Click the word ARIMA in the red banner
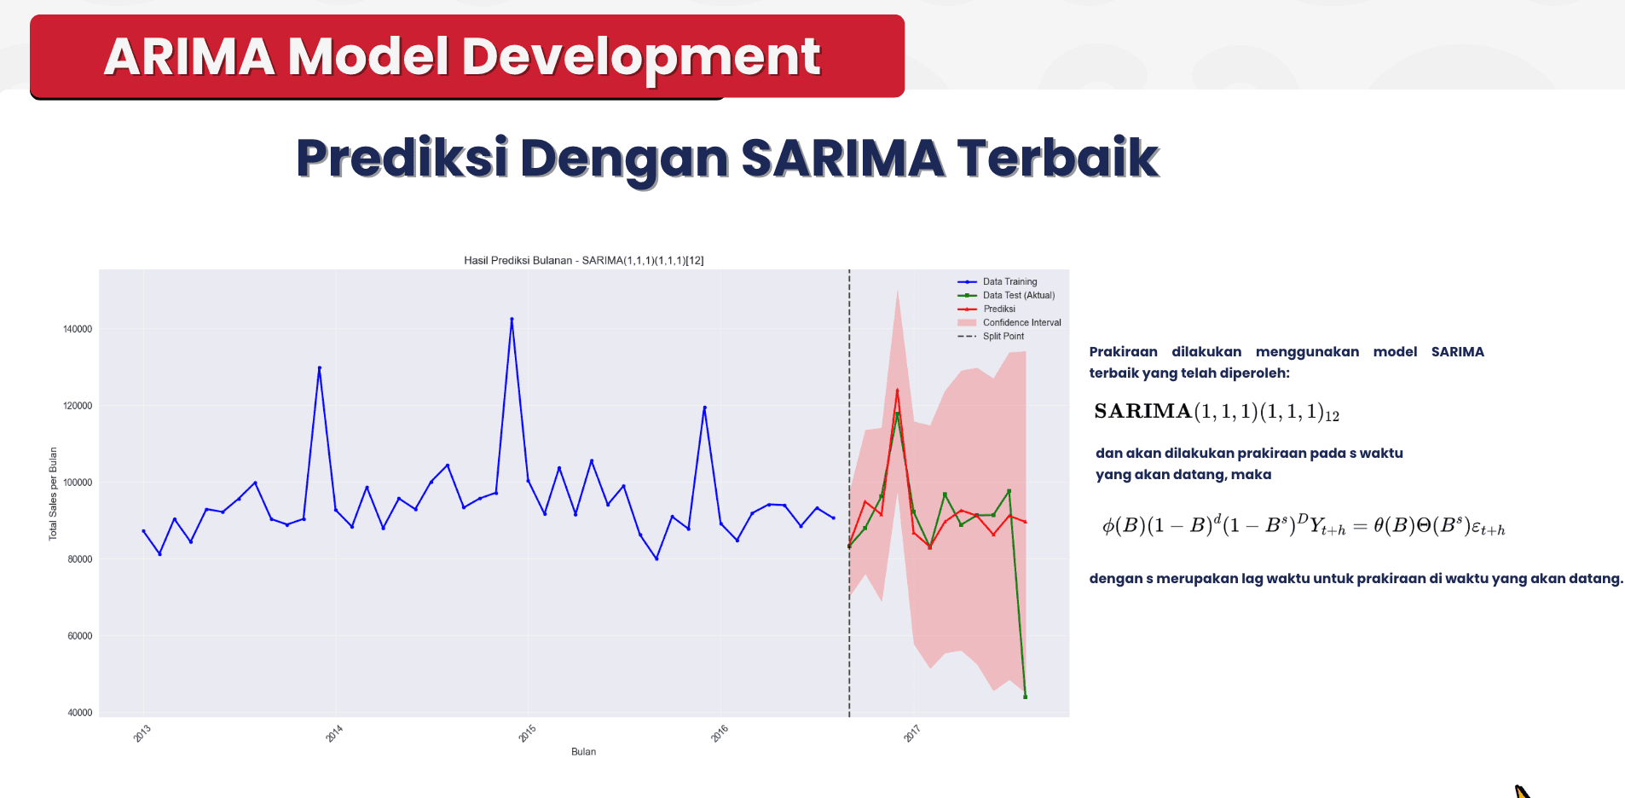[x=189, y=57]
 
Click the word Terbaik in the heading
[x=1057, y=159]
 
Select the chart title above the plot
[x=583, y=260]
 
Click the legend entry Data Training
[x=1009, y=281]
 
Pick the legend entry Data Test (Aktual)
[x=1018, y=295]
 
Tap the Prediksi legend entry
[x=998, y=309]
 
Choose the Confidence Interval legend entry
[x=1021, y=322]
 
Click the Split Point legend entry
[x=1003, y=336]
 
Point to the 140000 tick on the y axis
[x=78, y=329]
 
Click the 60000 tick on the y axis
[x=80, y=636]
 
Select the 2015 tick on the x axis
[x=528, y=733]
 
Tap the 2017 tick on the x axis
[x=912, y=733]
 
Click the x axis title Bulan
[x=583, y=751]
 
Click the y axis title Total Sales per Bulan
[x=53, y=494]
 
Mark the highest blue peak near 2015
[x=512, y=319]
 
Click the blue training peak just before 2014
[x=320, y=367]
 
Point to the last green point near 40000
[x=1025, y=697]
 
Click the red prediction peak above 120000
[x=897, y=390]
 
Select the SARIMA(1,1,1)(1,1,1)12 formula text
[x=1216, y=412]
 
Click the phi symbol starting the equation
[x=1107, y=526]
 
